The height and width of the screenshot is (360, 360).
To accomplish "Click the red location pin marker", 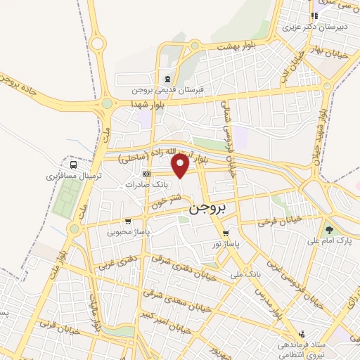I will click(x=181, y=167).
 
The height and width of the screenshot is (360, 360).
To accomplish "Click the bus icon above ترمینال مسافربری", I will click(x=75, y=165).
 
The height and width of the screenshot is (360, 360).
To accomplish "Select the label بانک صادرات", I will click(x=144, y=184).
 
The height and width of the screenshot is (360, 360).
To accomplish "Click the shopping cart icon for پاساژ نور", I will click(x=226, y=233).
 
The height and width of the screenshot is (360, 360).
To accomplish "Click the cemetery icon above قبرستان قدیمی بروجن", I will click(x=167, y=79).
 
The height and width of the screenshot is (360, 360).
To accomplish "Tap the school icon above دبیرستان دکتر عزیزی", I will click(x=315, y=16).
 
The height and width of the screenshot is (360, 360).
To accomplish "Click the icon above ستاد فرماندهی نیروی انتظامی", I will click(x=302, y=334).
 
